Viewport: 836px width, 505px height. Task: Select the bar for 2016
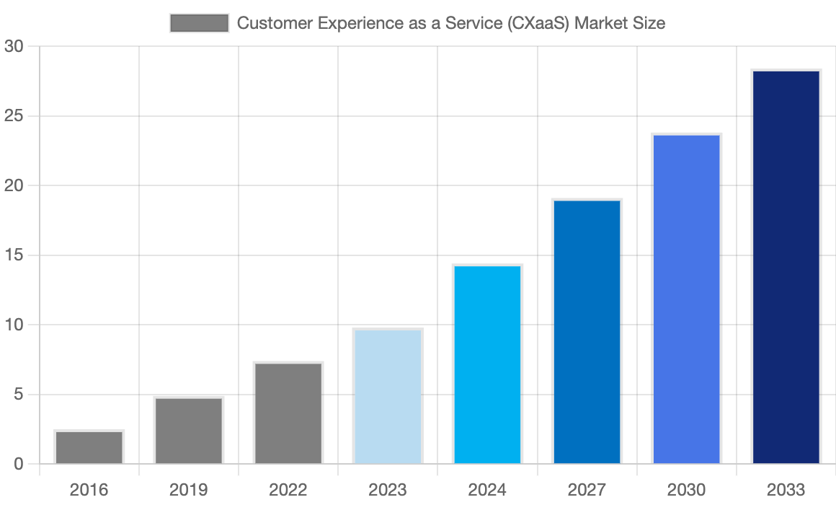[x=89, y=447]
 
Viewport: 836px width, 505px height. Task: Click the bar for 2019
[x=189, y=431]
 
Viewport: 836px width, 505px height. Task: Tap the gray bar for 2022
[x=288, y=413]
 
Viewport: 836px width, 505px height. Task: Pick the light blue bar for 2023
[x=388, y=397]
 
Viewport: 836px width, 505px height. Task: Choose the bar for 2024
[x=487, y=365]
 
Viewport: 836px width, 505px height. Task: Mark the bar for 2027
[x=587, y=332]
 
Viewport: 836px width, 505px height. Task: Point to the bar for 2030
[x=686, y=299]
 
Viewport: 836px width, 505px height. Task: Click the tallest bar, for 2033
[x=786, y=267]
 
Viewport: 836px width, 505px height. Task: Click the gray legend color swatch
[x=199, y=23]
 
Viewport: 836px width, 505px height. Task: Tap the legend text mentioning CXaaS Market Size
[x=450, y=23]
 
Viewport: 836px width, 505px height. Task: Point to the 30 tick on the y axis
[x=14, y=47]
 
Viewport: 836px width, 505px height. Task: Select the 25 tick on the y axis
[x=14, y=116]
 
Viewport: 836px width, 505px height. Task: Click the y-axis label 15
[x=14, y=255]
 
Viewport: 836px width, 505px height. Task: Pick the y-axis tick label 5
[x=18, y=395]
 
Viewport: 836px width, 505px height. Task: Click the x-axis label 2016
[x=89, y=491]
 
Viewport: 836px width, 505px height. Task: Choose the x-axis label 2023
[x=388, y=491]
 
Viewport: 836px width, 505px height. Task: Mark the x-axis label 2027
[x=587, y=491]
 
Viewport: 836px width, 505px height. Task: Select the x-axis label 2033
[x=786, y=491]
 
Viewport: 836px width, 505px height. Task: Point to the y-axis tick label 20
[x=14, y=186]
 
